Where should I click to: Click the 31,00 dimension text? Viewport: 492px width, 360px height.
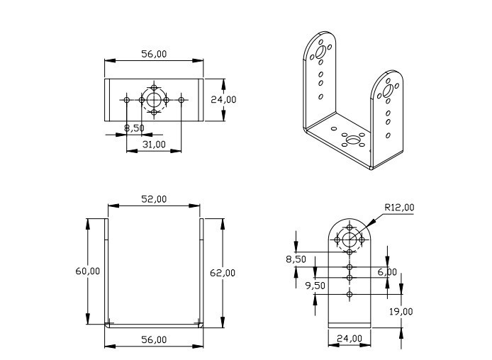click(x=154, y=144)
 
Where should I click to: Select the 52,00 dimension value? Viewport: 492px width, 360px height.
click(x=154, y=199)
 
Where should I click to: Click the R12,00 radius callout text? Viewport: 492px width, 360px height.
click(x=399, y=208)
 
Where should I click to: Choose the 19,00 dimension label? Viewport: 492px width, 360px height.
click(x=402, y=311)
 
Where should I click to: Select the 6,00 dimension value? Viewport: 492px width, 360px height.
click(x=387, y=272)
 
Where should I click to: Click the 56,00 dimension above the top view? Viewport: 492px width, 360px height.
click(x=154, y=54)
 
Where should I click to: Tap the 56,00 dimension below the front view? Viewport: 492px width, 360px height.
click(x=154, y=340)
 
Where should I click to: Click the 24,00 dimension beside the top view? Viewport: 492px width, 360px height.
click(x=224, y=100)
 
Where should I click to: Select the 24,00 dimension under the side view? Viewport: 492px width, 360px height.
click(x=349, y=339)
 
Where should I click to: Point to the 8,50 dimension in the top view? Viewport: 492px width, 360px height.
click(x=135, y=128)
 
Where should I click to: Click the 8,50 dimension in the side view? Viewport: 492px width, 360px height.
click(x=296, y=259)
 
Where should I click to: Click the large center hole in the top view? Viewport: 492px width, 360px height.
click(x=154, y=99)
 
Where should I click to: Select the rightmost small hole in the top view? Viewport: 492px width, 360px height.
click(x=181, y=100)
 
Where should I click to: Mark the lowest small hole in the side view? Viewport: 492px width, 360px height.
click(x=350, y=293)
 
